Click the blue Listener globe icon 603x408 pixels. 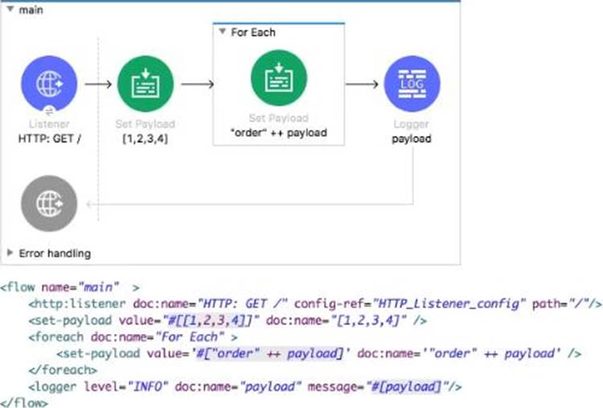coord(50,83)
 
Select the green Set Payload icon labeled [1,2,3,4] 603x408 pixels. coord(146,83)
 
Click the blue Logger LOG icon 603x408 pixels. coord(412,83)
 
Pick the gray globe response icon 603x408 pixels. coord(50,204)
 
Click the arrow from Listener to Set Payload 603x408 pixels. coord(98,83)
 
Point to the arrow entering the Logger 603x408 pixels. coord(363,83)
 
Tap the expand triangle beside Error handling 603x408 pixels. coord(10,253)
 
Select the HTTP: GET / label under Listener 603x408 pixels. coord(50,138)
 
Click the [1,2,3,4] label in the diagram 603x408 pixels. coord(146,138)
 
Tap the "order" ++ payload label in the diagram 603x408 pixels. coord(278,133)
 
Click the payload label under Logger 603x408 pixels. coord(412,138)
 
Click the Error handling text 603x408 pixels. coord(55,253)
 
